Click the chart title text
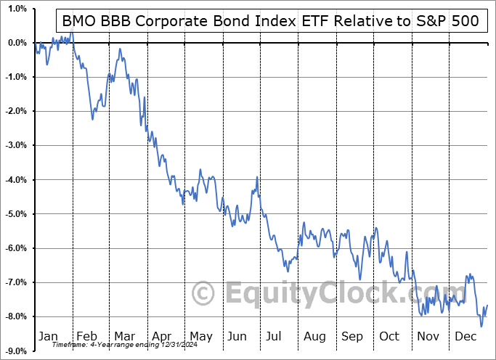click(x=270, y=21)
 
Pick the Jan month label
click(x=47, y=336)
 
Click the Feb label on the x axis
click(x=86, y=336)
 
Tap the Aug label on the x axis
click(x=314, y=336)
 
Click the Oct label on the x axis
click(x=390, y=336)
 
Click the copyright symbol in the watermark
click(x=203, y=294)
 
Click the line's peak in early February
click(x=71, y=33)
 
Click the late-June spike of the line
click(x=256, y=177)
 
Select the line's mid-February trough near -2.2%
click(x=92, y=119)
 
